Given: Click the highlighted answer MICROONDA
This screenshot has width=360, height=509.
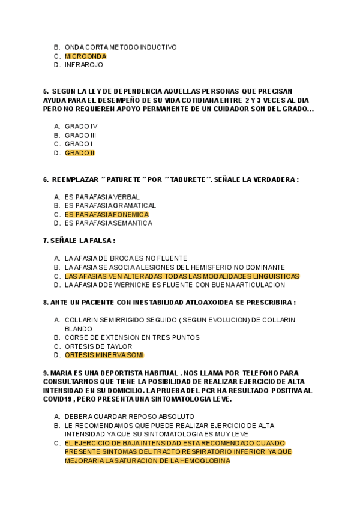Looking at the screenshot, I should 85,56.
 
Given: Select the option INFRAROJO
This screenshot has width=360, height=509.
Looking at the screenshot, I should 84,65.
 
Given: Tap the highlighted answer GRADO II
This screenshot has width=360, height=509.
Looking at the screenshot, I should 80,153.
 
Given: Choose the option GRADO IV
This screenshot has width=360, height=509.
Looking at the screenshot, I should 81,127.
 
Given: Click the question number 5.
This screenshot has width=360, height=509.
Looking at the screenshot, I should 46,91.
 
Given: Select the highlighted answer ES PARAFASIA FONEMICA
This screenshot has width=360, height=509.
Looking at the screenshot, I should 107,214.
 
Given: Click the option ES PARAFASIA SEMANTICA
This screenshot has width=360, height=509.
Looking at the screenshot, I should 108,223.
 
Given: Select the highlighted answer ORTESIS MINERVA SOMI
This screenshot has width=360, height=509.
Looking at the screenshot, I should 104,355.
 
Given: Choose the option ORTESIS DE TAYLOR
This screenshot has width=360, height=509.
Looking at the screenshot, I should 98,346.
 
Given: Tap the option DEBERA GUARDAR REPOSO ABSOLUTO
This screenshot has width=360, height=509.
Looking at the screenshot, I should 129,417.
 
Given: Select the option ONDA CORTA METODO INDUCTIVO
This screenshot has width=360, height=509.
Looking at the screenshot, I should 121,47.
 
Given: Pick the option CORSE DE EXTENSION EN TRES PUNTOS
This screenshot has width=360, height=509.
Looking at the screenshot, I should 132,337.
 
